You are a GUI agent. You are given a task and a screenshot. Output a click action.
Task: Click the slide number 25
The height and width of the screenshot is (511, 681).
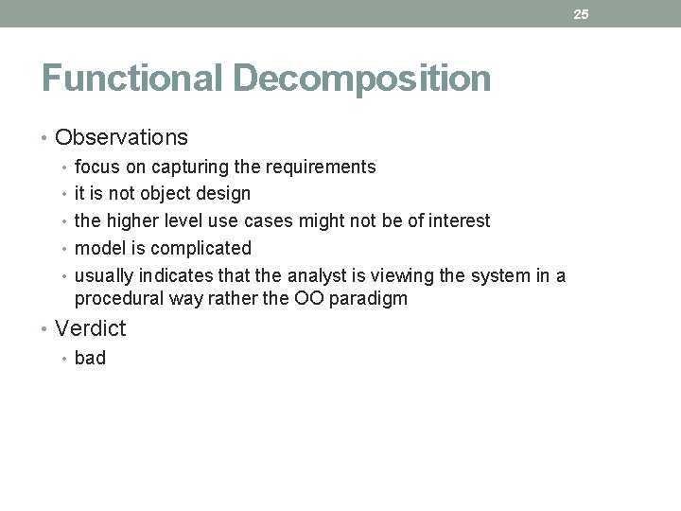(x=581, y=14)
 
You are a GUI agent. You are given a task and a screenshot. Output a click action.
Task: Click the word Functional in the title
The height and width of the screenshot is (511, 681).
(x=132, y=78)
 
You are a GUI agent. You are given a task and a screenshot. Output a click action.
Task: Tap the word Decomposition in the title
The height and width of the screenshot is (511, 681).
(x=361, y=78)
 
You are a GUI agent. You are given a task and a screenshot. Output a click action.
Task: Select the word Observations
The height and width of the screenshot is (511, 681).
(x=122, y=137)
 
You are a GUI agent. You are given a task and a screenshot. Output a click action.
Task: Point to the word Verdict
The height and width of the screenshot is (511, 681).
(x=91, y=328)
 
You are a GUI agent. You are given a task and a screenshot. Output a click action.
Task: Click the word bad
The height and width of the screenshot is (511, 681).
(x=90, y=358)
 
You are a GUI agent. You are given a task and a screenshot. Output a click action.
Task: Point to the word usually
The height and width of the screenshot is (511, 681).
(x=104, y=275)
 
